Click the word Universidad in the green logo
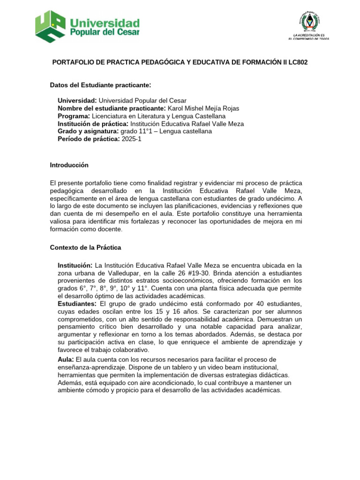pyautogui.click(x=105, y=23)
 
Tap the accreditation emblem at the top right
pyautogui.click(x=308, y=22)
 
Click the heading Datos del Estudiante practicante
pyautogui.click(x=100, y=85)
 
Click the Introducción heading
pyautogui.click(x=69, y=165)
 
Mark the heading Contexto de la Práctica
pyautogui.click(x=86, y=247)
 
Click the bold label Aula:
pyautogui.click(x=66, y=359)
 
